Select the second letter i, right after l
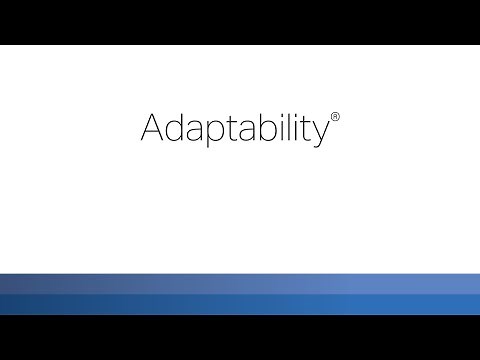coord(292,130)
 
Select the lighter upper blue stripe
coord(240,283)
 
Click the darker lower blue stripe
coord(240,304)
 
